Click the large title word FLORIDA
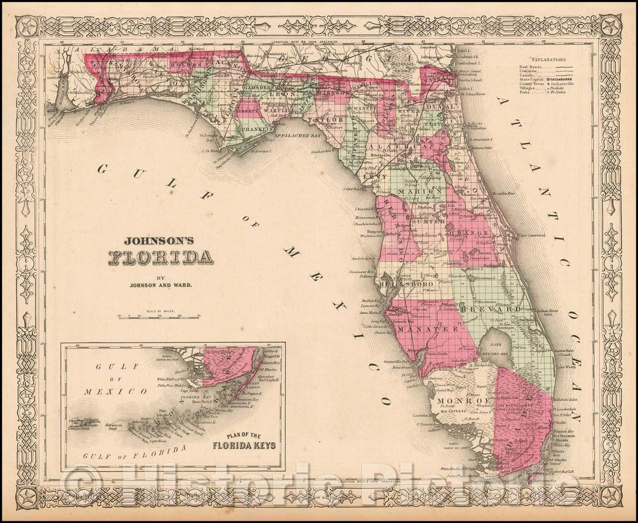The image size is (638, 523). click(x=160, y=257)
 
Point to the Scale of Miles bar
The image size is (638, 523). click(x=159, y=316)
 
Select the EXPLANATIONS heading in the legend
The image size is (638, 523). click(x=548, y=60)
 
